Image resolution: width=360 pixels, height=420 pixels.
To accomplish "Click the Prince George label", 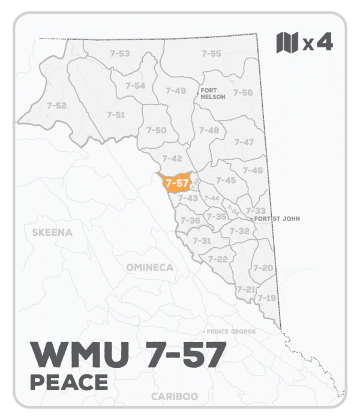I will click(232, 332).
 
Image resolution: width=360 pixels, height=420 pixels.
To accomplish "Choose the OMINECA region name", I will click(149, 266).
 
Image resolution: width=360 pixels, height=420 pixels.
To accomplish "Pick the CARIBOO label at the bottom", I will click(176, 397).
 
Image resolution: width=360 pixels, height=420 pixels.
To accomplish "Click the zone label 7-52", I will click(56, 106).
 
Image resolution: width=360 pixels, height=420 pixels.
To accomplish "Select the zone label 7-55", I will click(211, 53).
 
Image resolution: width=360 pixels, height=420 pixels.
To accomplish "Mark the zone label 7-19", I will click(266, 298).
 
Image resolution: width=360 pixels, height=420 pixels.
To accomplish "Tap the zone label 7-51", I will click(116, 114).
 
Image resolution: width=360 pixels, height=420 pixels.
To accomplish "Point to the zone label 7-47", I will click(244, 142).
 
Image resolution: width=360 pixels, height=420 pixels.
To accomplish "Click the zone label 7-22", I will click(217, 259).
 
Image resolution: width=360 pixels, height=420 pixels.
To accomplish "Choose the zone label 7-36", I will click(190, 220).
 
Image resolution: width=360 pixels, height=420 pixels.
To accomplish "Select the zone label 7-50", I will click(157, 130).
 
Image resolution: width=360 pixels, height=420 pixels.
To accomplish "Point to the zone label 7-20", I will click(263, 268).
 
